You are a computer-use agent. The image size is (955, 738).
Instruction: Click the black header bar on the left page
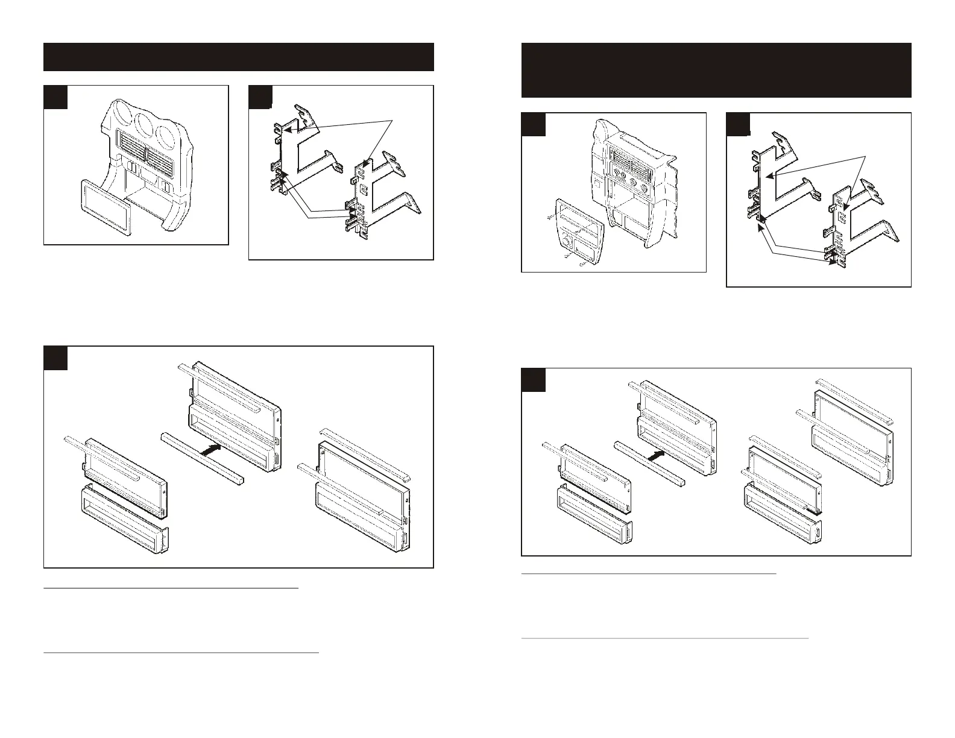[239, 57]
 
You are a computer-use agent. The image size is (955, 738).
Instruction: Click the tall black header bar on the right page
[716, 70]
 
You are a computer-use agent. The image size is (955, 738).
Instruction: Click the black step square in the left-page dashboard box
[55, 97]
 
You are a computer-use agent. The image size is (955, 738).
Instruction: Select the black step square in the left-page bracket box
[260, 97]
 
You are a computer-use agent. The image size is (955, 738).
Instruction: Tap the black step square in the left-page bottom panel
[55, 358]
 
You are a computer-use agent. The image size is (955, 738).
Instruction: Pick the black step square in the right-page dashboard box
[533, 125]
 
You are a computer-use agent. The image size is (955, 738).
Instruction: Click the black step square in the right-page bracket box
[738, 125]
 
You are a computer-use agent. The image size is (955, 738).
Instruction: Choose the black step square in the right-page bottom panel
[533, 379]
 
